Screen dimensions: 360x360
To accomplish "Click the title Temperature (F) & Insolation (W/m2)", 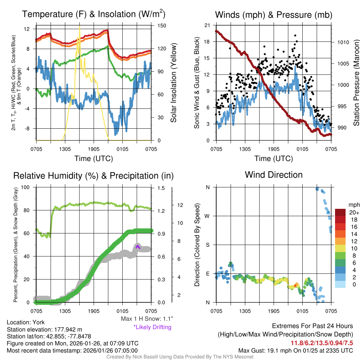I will coord(94,14).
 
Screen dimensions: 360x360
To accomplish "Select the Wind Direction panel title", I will coord(274,175).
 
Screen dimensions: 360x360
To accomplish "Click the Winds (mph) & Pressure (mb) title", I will coord(274,15).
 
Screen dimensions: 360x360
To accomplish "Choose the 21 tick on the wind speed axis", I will coord(207,25).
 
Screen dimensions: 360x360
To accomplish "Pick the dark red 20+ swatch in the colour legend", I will coord(341,212).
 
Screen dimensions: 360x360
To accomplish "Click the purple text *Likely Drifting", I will coord(152,327).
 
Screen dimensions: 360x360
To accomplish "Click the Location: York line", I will coord(26,322).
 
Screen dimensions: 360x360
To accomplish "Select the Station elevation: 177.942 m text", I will coord(44,329).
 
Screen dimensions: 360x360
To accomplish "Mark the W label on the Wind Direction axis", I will coord(207,216).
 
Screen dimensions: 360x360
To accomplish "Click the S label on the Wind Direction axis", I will coord(207,245).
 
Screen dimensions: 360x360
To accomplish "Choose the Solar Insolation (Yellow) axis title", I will coord(174,83).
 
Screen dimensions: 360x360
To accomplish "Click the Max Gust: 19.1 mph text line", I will coord(295,350).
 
